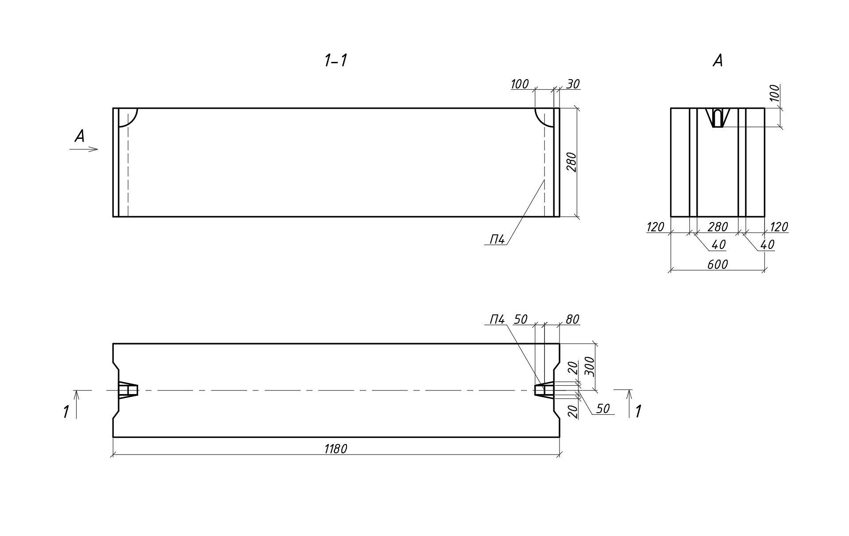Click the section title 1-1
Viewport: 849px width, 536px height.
336,61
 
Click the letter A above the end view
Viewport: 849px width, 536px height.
718,61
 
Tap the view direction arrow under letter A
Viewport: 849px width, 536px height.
84,149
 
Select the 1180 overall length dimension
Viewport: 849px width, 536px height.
336,449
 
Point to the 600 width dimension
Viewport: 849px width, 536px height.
717,264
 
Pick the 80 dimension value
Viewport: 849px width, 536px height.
572,319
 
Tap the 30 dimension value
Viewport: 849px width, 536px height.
573,84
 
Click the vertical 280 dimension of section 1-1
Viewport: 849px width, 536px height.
571,162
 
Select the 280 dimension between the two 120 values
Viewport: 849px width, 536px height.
717,227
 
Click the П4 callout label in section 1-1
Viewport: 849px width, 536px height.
497,240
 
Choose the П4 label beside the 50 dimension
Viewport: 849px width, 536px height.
497,319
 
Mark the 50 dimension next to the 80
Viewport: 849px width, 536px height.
521,319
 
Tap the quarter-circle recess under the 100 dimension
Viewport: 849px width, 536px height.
544,117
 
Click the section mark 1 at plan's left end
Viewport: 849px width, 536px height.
66,412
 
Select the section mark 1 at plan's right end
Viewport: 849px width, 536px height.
638,412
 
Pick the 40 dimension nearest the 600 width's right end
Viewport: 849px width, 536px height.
767,245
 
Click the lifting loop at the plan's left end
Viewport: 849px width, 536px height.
128,390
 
